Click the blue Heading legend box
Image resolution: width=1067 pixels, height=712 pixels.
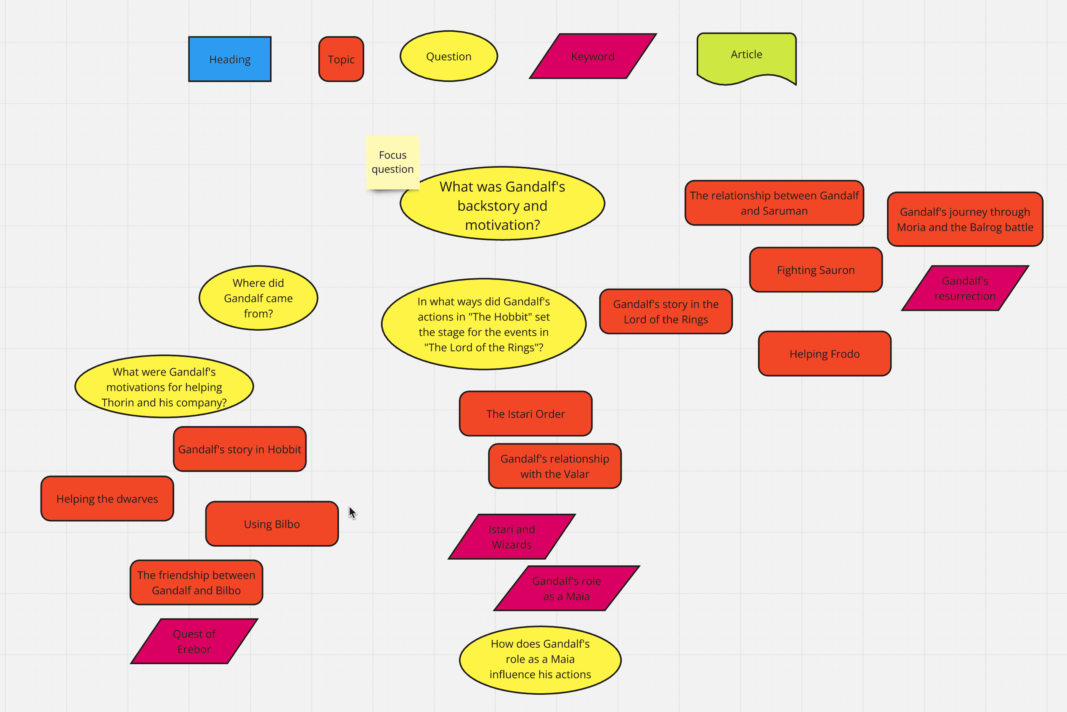click(x=230, y=59)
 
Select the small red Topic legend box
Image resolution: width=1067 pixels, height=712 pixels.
click(x=341, y=59)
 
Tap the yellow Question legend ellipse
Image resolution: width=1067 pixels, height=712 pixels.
click(x=449, y=56)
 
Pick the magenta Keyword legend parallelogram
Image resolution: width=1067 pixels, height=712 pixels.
click(x=593, y=56)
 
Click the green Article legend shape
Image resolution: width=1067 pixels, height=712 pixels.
click(x=747, y=57)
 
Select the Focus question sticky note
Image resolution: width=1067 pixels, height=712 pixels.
click(x=393, y=162)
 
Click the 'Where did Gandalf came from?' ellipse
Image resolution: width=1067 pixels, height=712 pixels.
click(x=259, y=298)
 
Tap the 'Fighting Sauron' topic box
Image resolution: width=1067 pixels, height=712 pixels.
click(x=816, y=270)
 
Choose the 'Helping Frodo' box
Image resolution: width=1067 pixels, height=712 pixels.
click(x=825, y=354)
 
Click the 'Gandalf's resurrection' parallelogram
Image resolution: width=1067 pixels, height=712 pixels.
click(x=965, y=288)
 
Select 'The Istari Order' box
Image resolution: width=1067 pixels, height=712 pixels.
click(x=525, y=414)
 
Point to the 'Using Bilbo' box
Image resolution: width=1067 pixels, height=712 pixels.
click(x=272, y=524)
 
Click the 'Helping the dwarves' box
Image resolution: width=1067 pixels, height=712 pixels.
click(x=107, y=498)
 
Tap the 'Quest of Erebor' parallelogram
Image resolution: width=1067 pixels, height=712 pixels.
click(x=195, y=641)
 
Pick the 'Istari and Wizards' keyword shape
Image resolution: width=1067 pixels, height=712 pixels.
click(x=512, y=537)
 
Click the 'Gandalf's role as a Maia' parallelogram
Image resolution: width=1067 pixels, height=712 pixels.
click(x=566, y=588)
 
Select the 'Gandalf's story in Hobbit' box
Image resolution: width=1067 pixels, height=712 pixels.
click(x=240, y=449)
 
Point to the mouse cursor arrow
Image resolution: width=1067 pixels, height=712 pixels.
click(x=352, y=513)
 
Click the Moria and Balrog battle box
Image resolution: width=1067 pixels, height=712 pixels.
click(x=965, y=219)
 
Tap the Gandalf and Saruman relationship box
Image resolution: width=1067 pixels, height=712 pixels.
click(x=774, y=203)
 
